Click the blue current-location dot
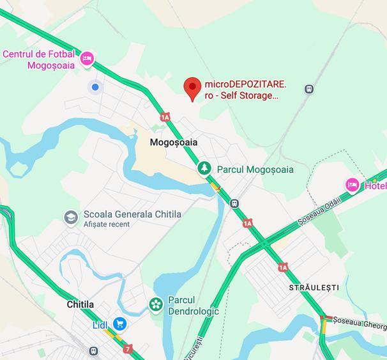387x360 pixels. coord(95,87)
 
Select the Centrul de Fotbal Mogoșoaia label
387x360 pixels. coord(39,59)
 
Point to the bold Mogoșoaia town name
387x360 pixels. coord(174,143)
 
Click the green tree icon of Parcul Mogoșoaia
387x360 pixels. coord(204,168)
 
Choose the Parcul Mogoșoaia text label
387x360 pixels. coord(255,169)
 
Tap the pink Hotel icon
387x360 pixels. coord(352,185)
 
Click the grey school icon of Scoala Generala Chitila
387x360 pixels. coord(71,217)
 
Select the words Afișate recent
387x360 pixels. coord(106,224)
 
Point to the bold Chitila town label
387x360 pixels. coord(80,304)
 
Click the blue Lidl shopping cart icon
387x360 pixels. coord(119,324)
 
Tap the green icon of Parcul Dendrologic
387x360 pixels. coord(155,304)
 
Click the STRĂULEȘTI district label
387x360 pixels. coord(314,288)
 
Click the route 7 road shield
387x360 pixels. coord(129,349)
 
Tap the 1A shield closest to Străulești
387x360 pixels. coord(283,267)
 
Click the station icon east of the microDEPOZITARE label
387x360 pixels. coord(310,90)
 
